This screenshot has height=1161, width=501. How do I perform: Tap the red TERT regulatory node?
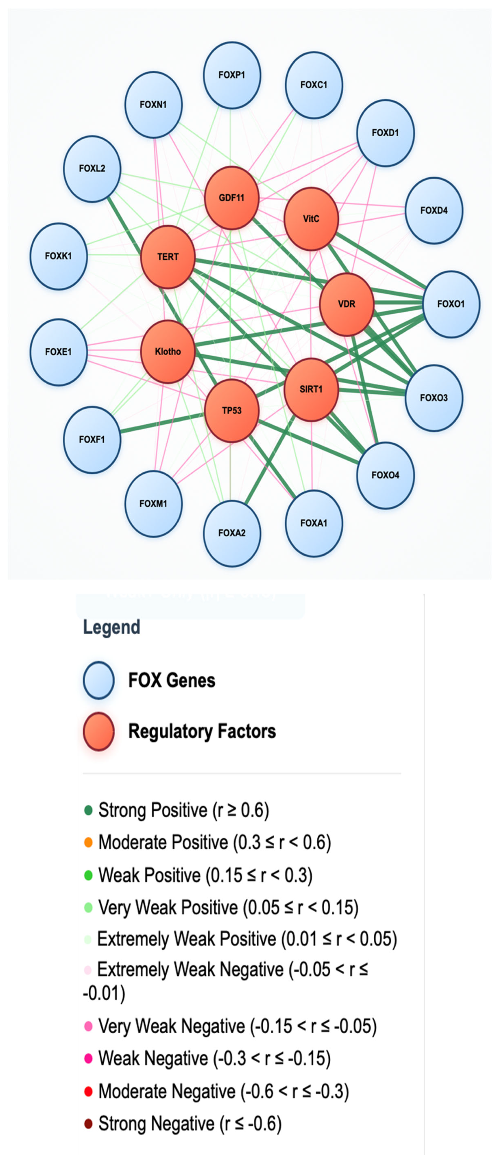(168, 257)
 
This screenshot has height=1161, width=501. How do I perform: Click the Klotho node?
(168, 351)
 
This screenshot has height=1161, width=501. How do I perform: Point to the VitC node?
(311, 219)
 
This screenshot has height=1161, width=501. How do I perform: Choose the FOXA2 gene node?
(232, 533)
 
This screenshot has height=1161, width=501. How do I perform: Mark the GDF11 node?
(232, 197)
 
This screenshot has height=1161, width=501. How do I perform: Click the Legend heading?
(111, 627)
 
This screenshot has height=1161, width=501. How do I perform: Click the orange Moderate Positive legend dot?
(88, 842)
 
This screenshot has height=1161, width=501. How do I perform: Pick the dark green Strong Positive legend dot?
(88, 810)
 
